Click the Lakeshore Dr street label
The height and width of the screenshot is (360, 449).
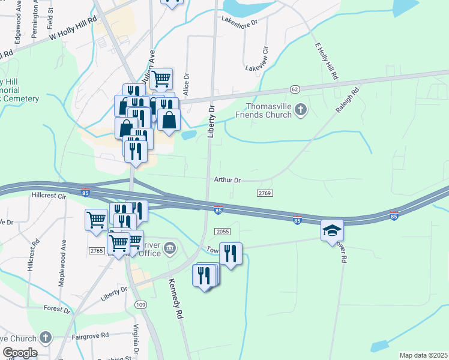pos(239,21)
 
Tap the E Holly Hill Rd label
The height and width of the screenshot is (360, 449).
pos(326,62)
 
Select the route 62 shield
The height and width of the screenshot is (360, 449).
pos(294,89)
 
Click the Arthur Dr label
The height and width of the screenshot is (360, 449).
pos(227,180)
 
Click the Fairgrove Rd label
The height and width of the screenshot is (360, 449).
pos(88,335)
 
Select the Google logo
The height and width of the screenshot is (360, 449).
pos(20,353)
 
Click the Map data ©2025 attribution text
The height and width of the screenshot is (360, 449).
pos(423,355)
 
